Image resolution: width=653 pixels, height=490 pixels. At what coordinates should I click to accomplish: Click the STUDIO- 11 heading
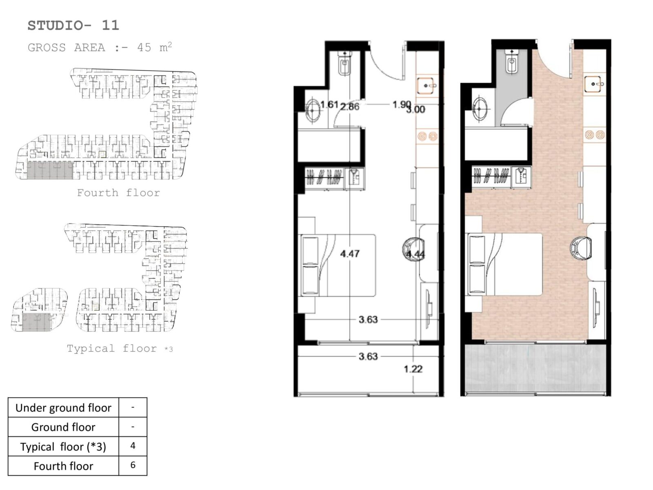pyautogui.click(x=73, y=26)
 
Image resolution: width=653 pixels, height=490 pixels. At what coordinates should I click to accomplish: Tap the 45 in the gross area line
pyautogui.click(x=144, y=48)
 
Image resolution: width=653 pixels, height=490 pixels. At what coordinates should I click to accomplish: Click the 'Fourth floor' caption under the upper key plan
pyautogui.click(x=118, y=193)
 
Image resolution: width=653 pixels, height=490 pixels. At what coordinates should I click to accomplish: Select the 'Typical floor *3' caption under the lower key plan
pyautogui.click(x=120, y=348)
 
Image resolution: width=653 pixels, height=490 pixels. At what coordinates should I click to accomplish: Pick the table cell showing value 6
pyautogui.click(x=133, y=465)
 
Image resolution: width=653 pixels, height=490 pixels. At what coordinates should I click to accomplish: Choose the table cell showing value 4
pyautogui.click(x=133, y=445)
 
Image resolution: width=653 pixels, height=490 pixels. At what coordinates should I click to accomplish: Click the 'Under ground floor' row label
pyautogui.click(x=63, y=408)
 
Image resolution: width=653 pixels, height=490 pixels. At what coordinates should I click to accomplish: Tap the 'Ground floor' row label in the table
pyautogui.click(x=63, y=427)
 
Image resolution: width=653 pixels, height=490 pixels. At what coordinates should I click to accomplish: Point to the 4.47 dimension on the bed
pyautogui.click(x=350, y=254)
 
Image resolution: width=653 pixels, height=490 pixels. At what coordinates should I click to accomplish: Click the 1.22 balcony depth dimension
pyautogui.click(x=413, y=369)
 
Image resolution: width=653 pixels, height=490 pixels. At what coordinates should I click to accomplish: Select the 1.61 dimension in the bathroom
pyautogui.click(x=329, y=105)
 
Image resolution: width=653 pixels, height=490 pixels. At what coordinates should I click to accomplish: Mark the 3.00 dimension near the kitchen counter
pyautogui.click(x=416, y=110)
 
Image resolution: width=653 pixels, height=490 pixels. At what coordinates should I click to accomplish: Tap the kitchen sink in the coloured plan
pyautogui.click(x=595, y=84)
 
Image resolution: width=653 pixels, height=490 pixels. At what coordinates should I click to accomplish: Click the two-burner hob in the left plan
pyautogui.click(x=427, y=136)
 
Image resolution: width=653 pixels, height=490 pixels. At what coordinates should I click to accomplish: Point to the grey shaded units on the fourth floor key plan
pyautogui.click(x=50, y=170)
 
